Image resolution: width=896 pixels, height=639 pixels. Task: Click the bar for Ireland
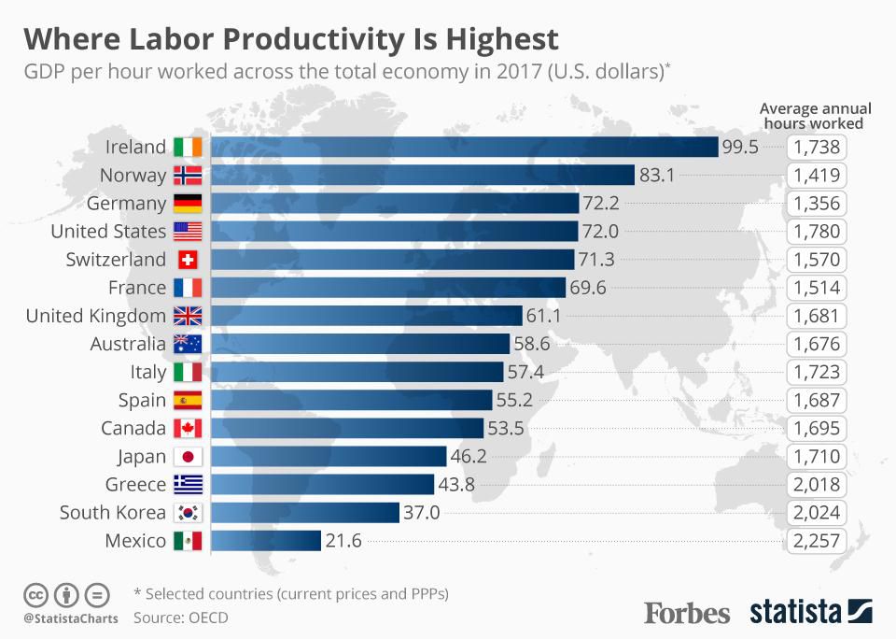pos(465,147)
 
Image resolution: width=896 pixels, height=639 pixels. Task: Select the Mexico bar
pos(266,540)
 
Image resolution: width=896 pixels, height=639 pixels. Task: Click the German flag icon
pos(188,204)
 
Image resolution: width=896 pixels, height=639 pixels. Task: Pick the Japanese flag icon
pos(188,457)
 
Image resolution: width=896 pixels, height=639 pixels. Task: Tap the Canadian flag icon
pos(188,429)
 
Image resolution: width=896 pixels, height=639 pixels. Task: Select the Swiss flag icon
pos(188,260)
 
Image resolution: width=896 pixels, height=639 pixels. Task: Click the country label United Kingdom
pos(95,316)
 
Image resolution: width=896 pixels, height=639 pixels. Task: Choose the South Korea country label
pos(112,512)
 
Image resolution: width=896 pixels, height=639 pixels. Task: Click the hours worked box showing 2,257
pos(818,540)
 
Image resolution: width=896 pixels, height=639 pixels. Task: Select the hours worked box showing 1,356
pos(818,203)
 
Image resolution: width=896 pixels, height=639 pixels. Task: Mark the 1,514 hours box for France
pos(818,288)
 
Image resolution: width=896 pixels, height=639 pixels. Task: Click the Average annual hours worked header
pos(811,115)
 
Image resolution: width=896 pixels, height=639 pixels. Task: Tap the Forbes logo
pos(687,613)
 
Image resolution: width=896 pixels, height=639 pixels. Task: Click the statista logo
pos(811,612)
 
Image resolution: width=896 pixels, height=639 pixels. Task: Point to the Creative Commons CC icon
pos(35,594)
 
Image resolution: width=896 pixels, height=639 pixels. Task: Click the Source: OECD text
pos(180,618)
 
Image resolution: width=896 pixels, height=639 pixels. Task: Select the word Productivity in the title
pos(279,39)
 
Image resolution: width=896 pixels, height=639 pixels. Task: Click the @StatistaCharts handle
pos(70,618)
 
